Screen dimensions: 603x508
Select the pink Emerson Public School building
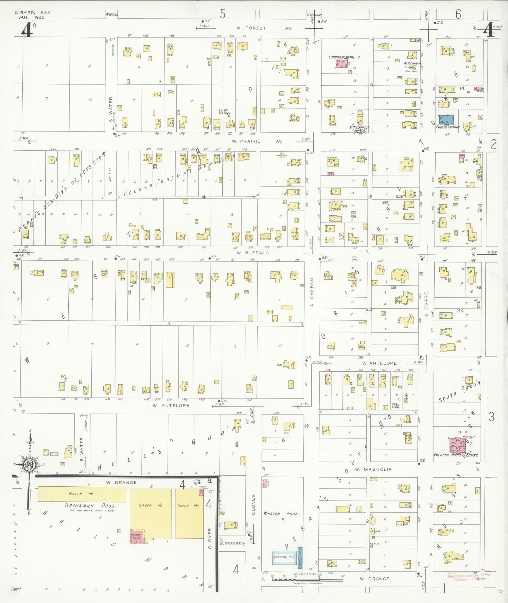[458, 444]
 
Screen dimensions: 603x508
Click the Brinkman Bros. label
[90, 505]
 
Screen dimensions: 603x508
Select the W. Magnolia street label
[373, 469]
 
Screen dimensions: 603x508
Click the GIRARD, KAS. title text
[33, 13]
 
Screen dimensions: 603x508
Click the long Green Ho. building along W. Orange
[82, 494]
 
